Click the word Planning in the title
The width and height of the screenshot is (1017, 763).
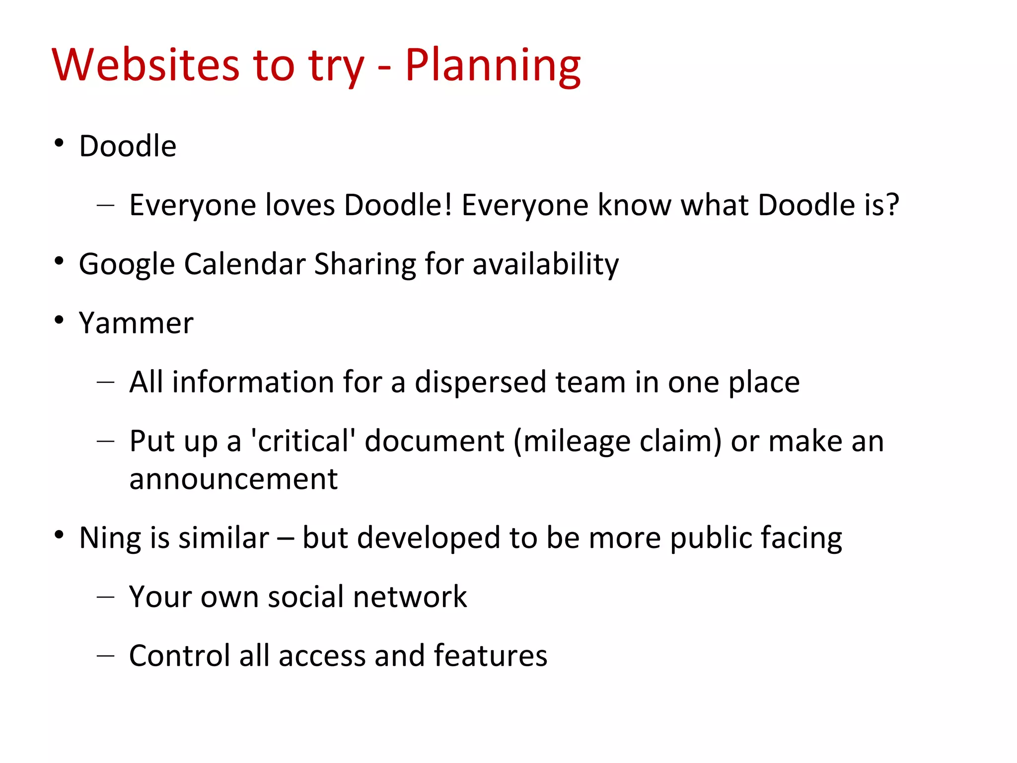point(493,66)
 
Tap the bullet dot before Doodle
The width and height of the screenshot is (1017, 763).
point(59,143)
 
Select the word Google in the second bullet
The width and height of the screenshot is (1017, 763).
point(127,264)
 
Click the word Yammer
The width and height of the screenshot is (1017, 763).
point(136,323)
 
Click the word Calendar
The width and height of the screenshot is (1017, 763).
point(244,264)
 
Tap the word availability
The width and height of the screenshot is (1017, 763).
point(545,264)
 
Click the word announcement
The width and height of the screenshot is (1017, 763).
point(233,479)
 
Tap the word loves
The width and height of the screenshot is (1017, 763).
point(300,205)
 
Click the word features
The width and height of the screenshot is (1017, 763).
point(490,656)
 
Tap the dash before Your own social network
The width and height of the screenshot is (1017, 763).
point(106,596)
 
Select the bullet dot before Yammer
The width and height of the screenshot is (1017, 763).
point(59,320)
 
